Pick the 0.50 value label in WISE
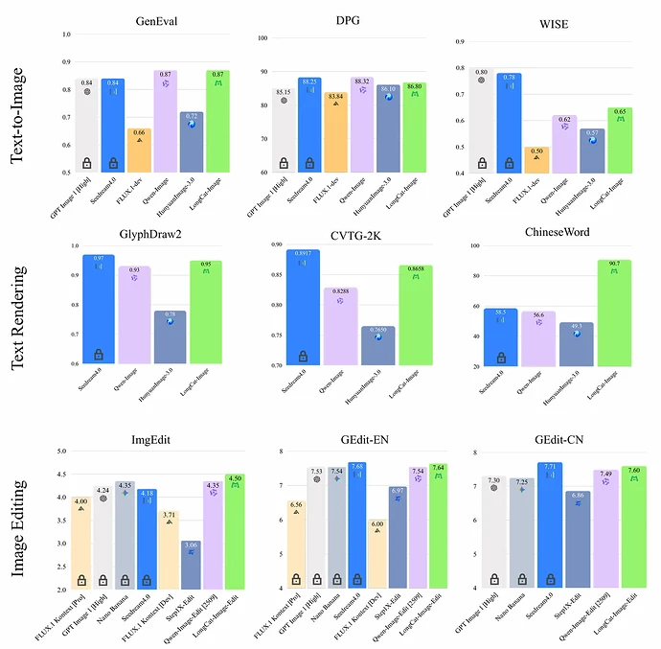tap(538, 151)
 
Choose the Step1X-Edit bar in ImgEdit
tap(191, 565)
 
